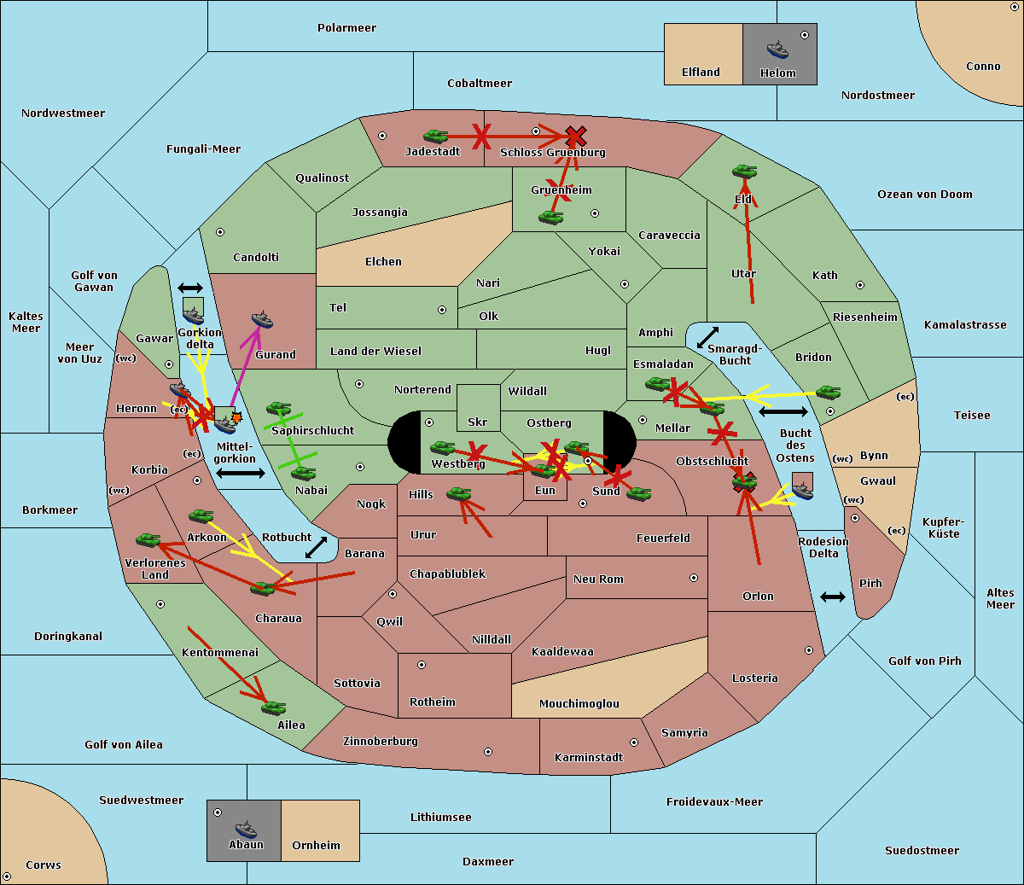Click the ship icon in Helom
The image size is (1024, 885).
pyautogui.click(x=777, y=49)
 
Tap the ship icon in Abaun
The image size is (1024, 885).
pyautogui.click(x=246, y=829)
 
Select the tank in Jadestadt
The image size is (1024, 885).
pyautogui.click(x=435, y=136)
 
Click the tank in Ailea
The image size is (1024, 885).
pyautogui.click(x=273, y=707)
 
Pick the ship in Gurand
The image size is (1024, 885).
pyautogui.click(x=262, y=320)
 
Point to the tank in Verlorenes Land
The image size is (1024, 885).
pyautogui.click(x=148, y=539)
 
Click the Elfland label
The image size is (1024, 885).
pyautogui.click(x=701, y=73)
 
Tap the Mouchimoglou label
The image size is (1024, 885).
pyautogui.click(x=579, y=703)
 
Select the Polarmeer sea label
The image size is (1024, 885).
pyautogui.click(x=346, y=28)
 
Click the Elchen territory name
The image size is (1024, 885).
pyautogui.click(x=383, y=262)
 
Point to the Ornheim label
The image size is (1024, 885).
pyautogui.click(x=316, y=846)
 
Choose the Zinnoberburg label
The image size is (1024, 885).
pyautogui.click(x=381, y=742)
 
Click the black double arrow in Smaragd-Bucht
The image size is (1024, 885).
pyautogui.click(x=707, y=337)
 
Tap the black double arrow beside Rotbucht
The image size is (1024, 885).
pyautogui.click(x=316, y=547)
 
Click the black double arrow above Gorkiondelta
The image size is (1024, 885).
pyautogui.click(x=190, y=288)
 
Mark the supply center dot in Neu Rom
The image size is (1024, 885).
pyautogui.click(x=694, y=578)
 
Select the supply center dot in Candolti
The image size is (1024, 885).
pyautogui.click(x=220, y=232)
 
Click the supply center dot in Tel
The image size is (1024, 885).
pyautogui.click(x=442, y=310)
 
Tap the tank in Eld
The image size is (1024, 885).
pyautogui.click(x=745, y=172)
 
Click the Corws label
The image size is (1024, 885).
pyautogui.click(x=44, y=865)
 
